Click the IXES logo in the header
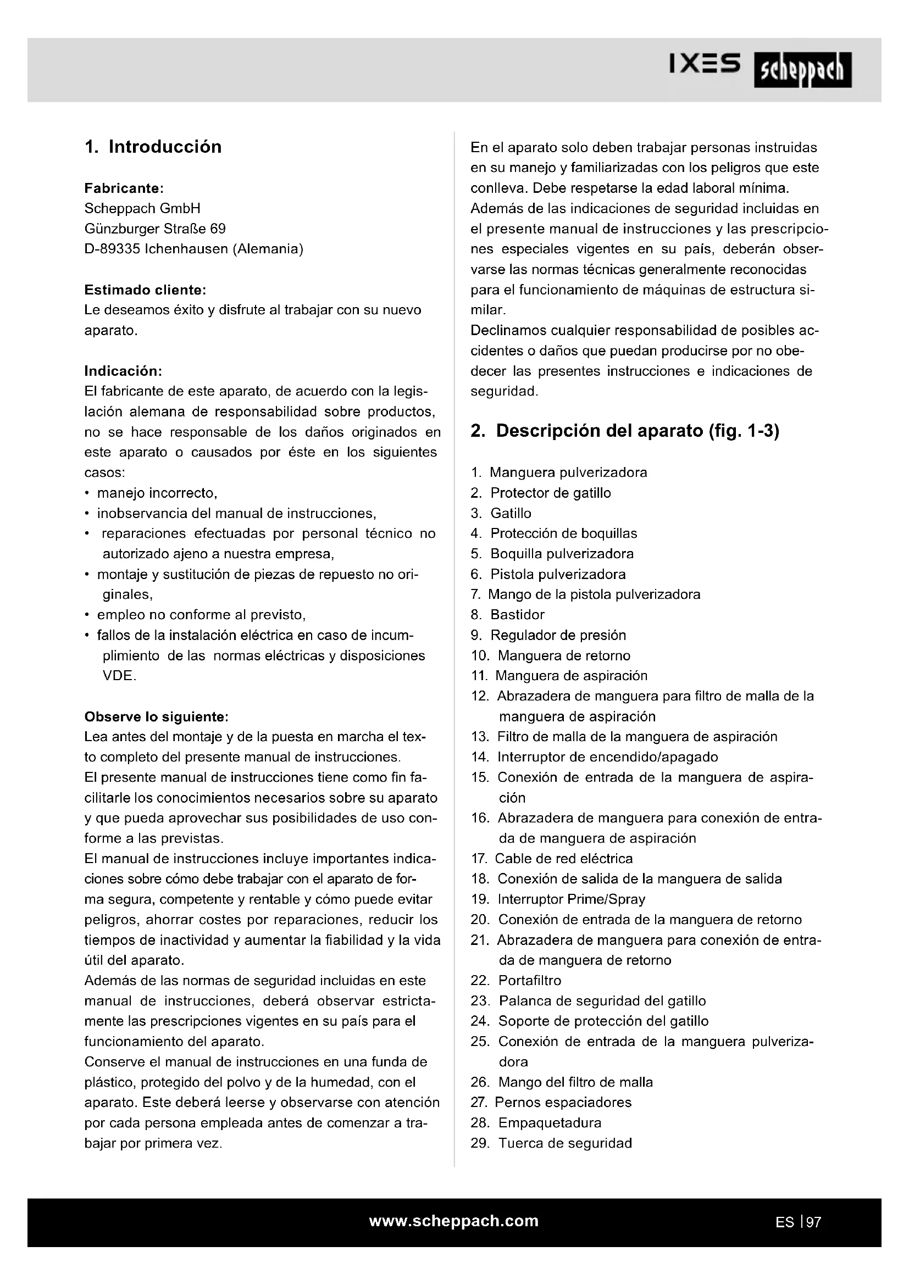(x=705, y=64)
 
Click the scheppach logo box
(x=802, y=70)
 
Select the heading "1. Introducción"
(x=153, y=147)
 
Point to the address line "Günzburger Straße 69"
(x=155, y=229)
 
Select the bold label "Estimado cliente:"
(x=145, y=290)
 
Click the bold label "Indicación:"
(x=123, y=371)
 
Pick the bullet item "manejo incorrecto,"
(x=157, y=493)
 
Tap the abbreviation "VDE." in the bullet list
(x=119, y=676)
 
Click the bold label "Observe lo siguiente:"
(x=156, y=716)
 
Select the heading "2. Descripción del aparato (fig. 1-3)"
(x=625, y=431)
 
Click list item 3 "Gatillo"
(x=511, y=513)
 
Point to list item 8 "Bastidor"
(x=517, y=615)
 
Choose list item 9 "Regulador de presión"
(x=557, y=635)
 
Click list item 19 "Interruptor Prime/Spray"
(x=571, y=899)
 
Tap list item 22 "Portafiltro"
(x=529, y=981)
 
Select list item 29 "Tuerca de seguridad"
(x=565, y=1143)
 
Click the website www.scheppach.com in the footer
(x=454, y=1221)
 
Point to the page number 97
(x=814, y=1222)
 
